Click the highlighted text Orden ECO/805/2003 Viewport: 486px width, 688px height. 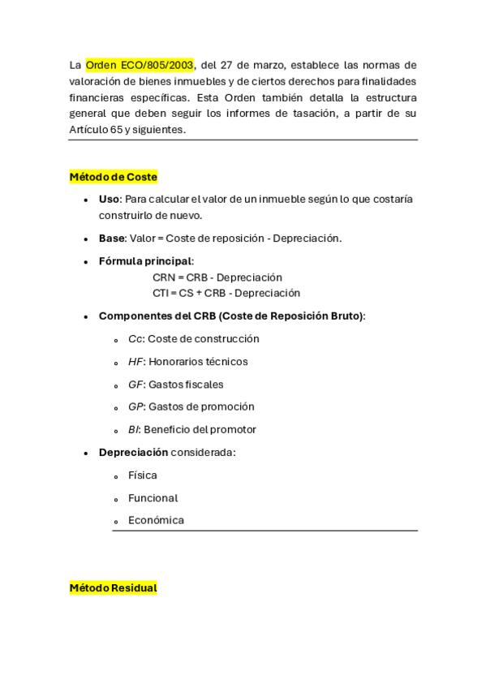pos(140,65)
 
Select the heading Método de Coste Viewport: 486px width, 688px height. pos(113,176)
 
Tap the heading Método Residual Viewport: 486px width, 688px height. pos(113,587)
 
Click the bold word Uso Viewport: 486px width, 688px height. pos(109,199)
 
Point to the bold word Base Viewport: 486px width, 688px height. pos(112,238)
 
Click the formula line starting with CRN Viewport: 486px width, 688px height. pos(217,277)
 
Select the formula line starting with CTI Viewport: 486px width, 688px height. pos(226,293)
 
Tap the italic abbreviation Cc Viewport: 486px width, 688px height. pos(135,338)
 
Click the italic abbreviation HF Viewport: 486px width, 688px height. pos(135,361)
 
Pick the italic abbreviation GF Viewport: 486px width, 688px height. pos(135,384)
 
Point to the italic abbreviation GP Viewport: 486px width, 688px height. pos(135,406)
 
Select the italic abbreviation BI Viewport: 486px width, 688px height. pos(134,429)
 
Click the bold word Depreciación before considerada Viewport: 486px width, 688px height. pos(133,452)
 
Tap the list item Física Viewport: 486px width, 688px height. pos(143,475)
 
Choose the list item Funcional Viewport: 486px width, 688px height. pos(153,497)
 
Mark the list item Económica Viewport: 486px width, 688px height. pos(156,520)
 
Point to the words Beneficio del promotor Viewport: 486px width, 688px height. pos(200,429)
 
